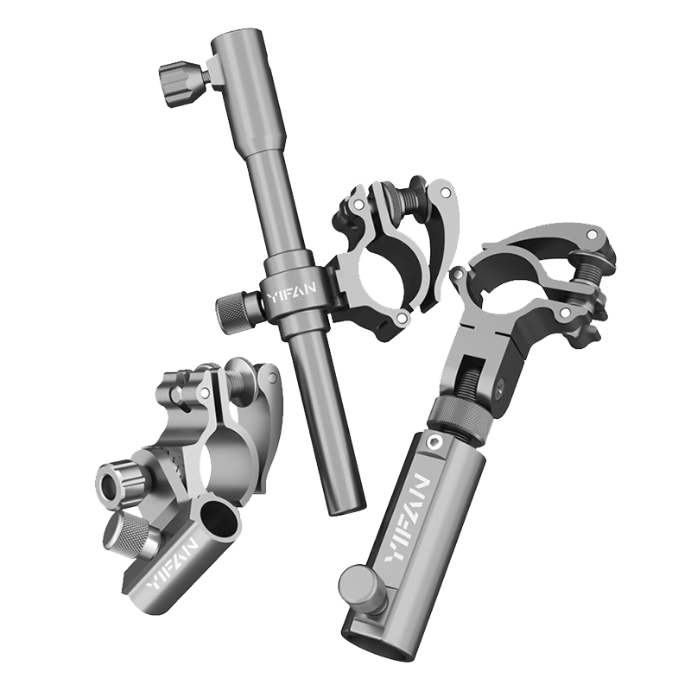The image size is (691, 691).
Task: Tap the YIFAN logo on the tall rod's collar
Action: (292, 292)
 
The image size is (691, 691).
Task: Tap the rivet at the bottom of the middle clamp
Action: (401, 318)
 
